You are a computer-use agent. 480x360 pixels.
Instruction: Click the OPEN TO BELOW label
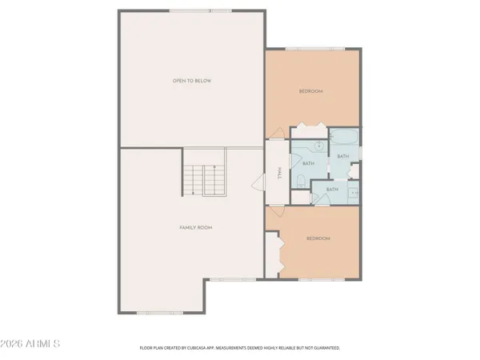pos(192,81)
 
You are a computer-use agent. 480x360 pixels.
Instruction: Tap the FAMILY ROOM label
pos(195,228)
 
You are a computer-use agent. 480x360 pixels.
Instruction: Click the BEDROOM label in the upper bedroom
pos(310,92)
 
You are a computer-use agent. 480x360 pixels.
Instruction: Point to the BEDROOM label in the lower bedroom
pos(318,238)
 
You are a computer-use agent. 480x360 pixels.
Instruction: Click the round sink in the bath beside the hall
pos(317,146)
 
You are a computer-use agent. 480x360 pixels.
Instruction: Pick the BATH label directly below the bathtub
pos(342,156)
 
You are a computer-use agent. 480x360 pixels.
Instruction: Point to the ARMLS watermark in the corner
pos(32,344)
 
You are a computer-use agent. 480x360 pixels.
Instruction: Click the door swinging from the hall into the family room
pos(258,182)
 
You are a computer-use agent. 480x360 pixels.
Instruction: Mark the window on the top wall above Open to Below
pos(192,11)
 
